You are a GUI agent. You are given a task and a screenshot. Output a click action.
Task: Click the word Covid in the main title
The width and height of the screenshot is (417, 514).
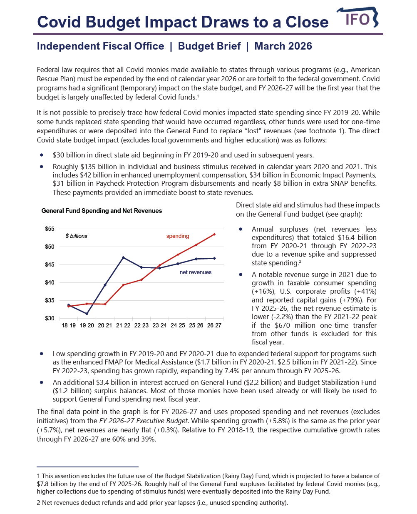(x=59, y=22)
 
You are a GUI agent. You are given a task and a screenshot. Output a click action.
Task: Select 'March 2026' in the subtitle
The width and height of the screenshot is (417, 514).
(x=283, y=46)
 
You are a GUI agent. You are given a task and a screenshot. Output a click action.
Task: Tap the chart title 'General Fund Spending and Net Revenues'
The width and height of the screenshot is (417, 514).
(x=102, y=211)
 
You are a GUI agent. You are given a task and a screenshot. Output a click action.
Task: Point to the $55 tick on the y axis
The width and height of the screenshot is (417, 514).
(x=50, y=229)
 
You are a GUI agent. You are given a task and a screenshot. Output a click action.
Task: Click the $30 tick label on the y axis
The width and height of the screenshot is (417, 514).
(x=50, y=318)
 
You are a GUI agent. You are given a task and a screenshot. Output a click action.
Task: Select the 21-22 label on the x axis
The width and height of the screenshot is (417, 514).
(x=123, y=325)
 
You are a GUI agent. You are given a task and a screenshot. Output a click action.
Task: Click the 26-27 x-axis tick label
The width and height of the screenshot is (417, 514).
(x=214, y=325)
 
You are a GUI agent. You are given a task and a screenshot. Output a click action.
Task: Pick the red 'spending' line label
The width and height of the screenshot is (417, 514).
(x=178, y=236)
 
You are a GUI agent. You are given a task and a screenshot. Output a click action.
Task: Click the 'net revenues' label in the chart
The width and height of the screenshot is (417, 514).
(x=196, y=272)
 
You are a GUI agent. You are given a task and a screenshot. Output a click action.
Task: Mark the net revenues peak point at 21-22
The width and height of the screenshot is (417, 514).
(x=123, y=258)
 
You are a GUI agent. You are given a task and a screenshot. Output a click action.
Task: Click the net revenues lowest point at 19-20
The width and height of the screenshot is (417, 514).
(x=87, y=314)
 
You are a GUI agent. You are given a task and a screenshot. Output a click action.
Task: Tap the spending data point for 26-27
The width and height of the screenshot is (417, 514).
(x=214, y=235)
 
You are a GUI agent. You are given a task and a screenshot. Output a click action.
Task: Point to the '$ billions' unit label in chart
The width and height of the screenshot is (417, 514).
(x=77, y=236)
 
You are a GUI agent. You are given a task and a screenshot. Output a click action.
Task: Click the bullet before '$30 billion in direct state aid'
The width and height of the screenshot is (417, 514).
(x=42, y=155)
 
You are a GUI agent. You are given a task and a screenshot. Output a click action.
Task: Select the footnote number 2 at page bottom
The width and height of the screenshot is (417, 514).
(x=39, y=503)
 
